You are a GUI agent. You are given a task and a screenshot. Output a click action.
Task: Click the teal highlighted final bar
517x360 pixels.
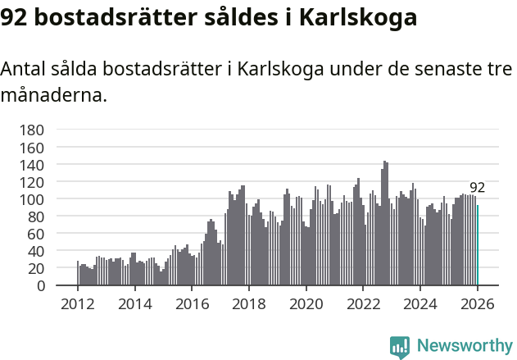pos(478,245)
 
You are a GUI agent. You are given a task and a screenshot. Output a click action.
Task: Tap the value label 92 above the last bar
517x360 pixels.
pos(477,188)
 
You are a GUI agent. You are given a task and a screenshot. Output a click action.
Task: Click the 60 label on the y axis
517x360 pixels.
pos(35,234)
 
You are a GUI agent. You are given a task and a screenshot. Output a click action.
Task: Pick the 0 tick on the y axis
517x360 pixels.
pos(39,285)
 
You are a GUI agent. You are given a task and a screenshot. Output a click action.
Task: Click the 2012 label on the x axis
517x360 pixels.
pos(78,304)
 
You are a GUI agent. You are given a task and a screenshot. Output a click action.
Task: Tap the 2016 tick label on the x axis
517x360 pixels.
pos(192,304)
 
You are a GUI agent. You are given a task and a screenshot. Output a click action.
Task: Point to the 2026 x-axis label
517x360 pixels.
pos(477,304)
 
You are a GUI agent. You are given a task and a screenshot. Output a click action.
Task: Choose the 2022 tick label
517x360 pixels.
pos(363,304)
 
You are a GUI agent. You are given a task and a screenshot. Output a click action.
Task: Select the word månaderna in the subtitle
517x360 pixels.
pos(54,95)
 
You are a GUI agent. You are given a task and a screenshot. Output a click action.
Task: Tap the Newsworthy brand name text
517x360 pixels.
pos(464,346)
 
